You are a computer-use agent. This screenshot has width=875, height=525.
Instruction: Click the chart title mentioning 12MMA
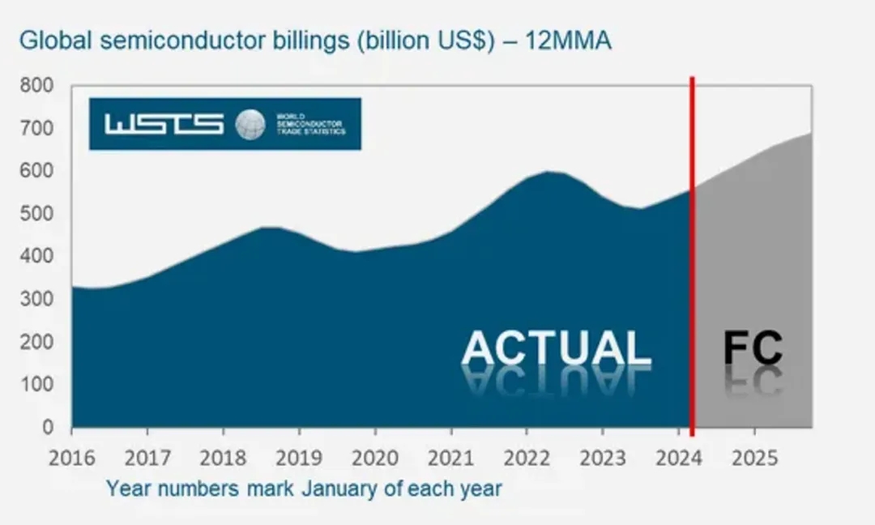315,41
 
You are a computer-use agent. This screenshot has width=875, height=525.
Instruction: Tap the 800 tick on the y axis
36,85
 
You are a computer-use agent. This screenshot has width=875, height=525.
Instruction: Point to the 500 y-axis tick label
36,214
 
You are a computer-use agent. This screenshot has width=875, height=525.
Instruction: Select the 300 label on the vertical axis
36,299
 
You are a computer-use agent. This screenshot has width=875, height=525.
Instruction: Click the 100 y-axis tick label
36,384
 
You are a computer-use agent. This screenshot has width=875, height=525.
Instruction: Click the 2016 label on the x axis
71,458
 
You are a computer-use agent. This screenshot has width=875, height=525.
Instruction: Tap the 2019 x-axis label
299,458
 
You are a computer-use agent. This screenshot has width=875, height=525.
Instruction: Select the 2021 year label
450,458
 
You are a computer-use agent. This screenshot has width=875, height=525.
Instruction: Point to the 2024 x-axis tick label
678,458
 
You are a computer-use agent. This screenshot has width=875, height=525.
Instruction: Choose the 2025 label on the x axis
754,458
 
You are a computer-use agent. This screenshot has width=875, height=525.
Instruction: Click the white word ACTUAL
556,348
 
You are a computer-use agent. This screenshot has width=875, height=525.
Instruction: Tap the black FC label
753,348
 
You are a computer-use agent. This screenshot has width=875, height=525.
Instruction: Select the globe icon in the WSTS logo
250,124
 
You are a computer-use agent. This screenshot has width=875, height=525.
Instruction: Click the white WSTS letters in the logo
164,124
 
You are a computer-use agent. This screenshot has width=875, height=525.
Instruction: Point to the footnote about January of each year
304,489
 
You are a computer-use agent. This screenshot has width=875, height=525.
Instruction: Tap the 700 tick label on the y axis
36,128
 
